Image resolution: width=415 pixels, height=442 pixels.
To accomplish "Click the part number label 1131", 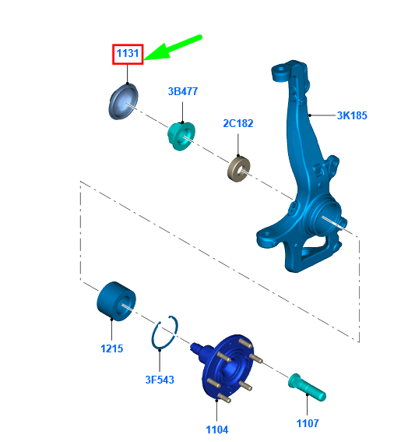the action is (x=128, y=53).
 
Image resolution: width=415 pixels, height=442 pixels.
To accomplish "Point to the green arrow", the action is (x=172, y=48).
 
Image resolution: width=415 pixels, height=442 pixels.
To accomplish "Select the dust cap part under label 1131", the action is (x=123, y=101).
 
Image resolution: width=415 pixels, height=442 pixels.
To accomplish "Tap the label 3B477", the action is (x=183, y=91).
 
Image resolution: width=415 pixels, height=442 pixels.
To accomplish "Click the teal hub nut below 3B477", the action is (x=181, y=136).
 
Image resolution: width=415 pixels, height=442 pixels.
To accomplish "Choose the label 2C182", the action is (x=238, y=123).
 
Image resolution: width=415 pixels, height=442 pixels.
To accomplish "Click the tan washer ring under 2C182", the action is (x=239, y=169).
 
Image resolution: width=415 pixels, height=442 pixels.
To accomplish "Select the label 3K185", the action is (x=352, y=115).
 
